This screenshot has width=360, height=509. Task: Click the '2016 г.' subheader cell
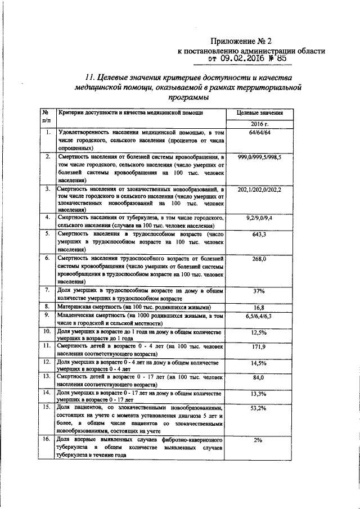(x=259, y=123)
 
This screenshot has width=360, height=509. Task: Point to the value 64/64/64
(x=259, y=132)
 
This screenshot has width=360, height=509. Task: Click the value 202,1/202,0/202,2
(x=259, y=190)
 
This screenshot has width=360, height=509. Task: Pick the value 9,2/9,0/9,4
(x=259, y=217)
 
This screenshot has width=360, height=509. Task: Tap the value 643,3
(x=259, y=233)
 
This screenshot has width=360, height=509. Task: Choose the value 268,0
(x=259, y=259)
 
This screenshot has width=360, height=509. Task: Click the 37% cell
(x=259, y=291)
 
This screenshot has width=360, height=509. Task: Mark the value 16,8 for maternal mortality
(x=259, y=308)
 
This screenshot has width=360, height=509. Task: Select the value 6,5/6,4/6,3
(x=259, y=317)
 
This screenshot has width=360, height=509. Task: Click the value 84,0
(x=259, y=377)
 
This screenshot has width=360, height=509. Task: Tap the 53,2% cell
(x=259, y=408)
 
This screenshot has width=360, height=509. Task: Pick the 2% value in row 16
(x=259, y=440)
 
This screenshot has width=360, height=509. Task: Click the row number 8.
(x=48, y=307)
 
